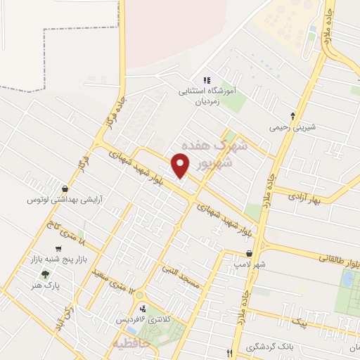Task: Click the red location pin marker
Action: [181, 165]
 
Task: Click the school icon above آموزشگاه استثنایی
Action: [207, 80]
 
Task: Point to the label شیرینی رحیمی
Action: [293, 129]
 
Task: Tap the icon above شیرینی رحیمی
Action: [293, 115]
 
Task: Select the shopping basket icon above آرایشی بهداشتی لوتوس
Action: [65, 188]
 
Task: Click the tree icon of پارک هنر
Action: [46, 274]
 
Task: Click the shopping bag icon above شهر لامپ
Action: [249, 254]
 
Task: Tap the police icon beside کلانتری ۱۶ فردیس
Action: [143, 309]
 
